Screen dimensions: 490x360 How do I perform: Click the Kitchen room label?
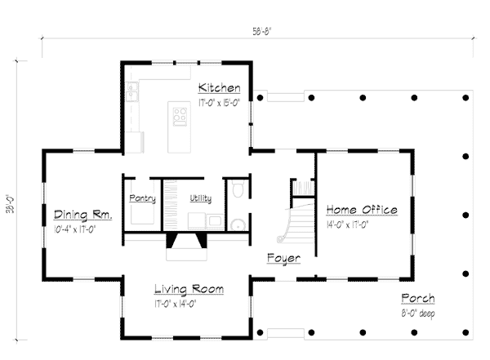[x=220, y=88]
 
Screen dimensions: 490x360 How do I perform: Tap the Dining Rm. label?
[x=82, y=215]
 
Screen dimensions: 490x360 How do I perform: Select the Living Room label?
[x=189, y=289]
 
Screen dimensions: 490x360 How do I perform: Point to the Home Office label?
[x=362, y=210]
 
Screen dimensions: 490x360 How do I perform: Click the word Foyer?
[x=283, y=259]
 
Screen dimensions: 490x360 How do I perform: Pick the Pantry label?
[x=142, y=198]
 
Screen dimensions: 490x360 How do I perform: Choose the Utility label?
[x=201, y=198]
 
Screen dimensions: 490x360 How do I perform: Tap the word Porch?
[x=418, y=299]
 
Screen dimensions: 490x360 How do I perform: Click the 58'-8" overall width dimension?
[x=262, y=32]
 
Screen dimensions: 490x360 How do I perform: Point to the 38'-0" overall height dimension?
[x=11, y=204]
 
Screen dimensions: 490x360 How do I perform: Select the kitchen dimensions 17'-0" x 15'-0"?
[x=220, y=103]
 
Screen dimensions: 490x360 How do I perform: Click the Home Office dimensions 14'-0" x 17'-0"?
[x=348, y=224]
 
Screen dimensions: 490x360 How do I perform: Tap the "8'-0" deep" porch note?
[x=418, y=313]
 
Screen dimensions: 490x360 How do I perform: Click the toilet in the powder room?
[x=238, y=188]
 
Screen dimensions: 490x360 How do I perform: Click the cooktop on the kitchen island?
[x=180, y=117]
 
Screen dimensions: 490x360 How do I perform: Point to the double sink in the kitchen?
[x=132, y=91]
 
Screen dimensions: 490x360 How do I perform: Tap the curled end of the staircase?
[x=280, y=239]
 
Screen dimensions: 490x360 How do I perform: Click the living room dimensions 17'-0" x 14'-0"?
[x=176, y=304]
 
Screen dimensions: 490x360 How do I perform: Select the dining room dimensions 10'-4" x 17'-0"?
[x=74, y=229]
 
